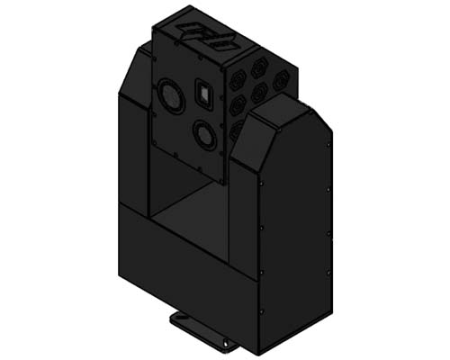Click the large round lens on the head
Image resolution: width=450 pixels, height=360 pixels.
(169, 94)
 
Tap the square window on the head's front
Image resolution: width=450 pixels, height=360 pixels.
(204, 94)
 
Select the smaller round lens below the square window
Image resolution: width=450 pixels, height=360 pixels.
(204, 136)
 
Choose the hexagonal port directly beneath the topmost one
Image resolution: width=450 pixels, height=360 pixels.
(259, 92)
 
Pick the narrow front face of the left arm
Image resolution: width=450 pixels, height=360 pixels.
(132, 153)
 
